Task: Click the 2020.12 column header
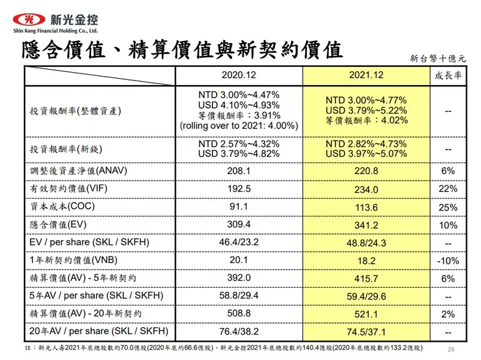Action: [x=239, y=75]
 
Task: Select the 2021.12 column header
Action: [x=366, y=75]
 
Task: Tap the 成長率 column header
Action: [x=448, y=75]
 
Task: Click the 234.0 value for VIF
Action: [x=366, y=189]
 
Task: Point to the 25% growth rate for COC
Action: [x=448, y=207]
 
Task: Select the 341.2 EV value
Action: [x=366, y=225]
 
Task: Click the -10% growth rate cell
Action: [x=448, y=261]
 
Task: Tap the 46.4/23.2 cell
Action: [x=239, y=242]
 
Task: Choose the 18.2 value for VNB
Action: [x=366, y=261]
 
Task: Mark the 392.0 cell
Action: [x=239, y=278]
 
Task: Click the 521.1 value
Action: [x=366, y=314]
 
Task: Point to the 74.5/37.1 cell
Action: [x=366, y=331]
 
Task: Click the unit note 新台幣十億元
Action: [x=437, y=58]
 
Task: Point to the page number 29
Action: [x=450, y=350]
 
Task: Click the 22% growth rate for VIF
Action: [x=448, y=188]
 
